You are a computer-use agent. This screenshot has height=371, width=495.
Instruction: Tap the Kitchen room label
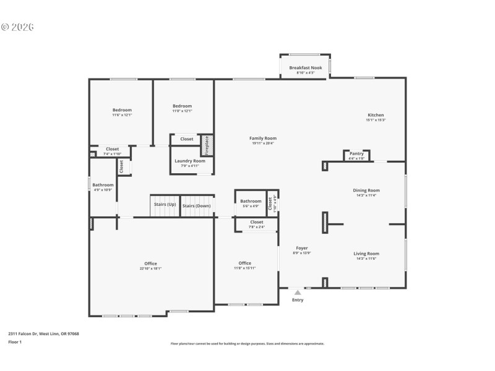click(x=376, y=115)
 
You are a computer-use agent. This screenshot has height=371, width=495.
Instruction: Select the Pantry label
click(x=356, y=153)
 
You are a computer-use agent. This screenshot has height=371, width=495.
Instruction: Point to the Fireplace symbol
click(x=208, y=145)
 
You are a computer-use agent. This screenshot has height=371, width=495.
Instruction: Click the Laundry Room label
click(x=189, y=161)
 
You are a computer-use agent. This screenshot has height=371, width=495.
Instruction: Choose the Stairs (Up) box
click(x=163, y=205)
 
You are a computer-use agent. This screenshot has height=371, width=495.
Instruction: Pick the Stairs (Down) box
click(x=196, y=205)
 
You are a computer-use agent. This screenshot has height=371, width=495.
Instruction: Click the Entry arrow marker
click(x=298, y=292)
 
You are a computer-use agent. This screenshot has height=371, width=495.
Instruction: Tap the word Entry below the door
click(x=298, y=301)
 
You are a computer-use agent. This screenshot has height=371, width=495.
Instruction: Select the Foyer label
click(x=301, y=248)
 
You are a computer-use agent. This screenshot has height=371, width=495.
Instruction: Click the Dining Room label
click(x=366, y=190)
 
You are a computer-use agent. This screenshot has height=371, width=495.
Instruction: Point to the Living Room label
click(x=366, y=254)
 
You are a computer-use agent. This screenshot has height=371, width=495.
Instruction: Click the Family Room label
click(x=262, y=139)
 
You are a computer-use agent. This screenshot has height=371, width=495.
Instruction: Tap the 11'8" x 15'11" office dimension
click(x=245, y=268)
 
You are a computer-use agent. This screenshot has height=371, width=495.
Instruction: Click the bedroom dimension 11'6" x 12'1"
click(x=122, y=115)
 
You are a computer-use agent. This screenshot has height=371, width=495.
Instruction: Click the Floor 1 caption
click(x=14, y=341)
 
